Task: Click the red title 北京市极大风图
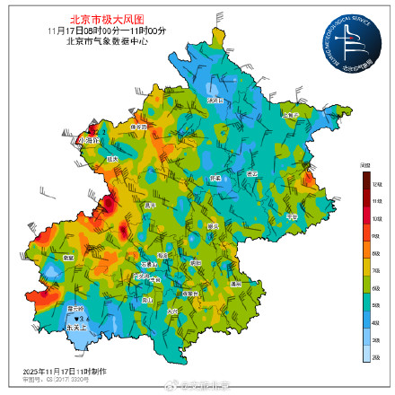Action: [106, 18]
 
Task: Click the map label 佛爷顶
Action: [138, 127]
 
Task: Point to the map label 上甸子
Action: [289, 115]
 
